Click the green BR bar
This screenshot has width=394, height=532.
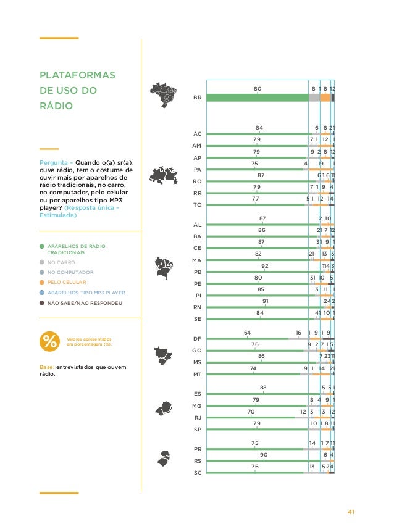pos(258,98)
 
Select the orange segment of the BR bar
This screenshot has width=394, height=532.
pos(325,98)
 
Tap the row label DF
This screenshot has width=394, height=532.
pos(197,339)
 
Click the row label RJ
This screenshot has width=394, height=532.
pos(197,417)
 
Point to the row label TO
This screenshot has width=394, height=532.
pos(198,204)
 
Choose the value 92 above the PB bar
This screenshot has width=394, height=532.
pos(265,265)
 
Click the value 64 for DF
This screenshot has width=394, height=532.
pos(247,333)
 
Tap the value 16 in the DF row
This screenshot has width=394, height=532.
pos(298,333)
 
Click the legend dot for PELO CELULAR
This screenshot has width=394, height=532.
pos(42,282)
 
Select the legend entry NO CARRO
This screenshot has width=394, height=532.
pos(61,262)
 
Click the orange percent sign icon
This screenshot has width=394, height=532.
pos(50,341)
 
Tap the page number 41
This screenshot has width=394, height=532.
pos(351,512)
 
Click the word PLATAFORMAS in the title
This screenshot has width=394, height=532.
pos(73,75)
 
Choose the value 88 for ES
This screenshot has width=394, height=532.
pos(263,388)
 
